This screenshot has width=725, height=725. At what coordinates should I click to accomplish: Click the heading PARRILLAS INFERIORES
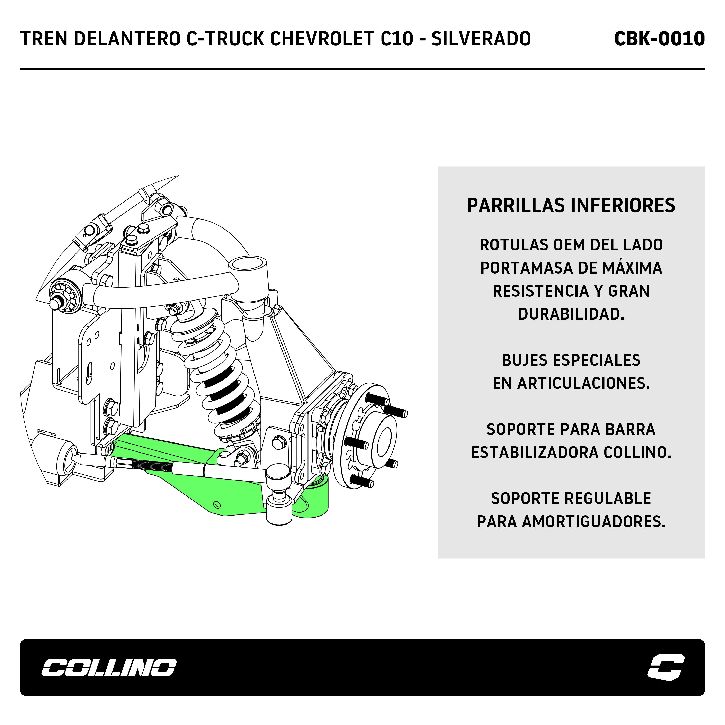[x=571, y=206]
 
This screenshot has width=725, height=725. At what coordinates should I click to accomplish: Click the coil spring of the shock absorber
[x=221, y=379]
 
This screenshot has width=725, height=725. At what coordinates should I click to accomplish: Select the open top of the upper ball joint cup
[x=246, y=263]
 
